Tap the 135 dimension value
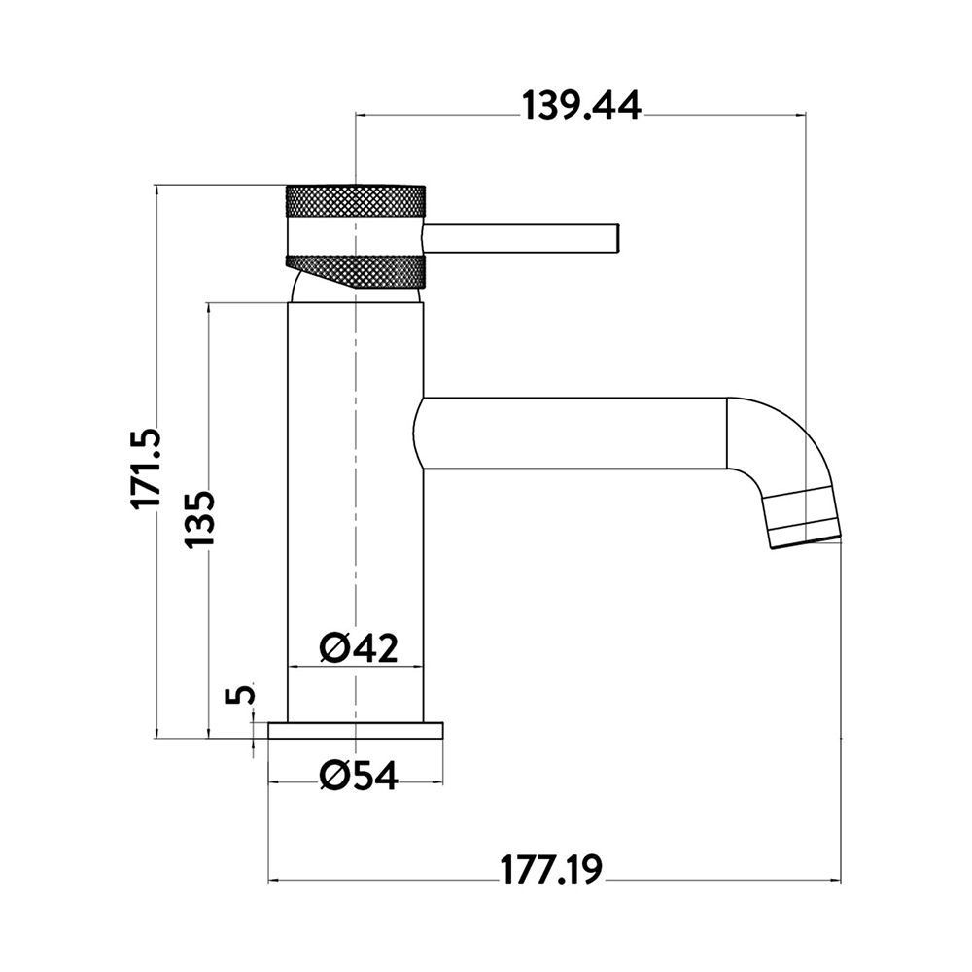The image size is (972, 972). point(199,519)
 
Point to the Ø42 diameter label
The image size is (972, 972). point(359,647)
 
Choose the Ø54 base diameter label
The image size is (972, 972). point(359,776)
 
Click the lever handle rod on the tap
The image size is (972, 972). point(521,238)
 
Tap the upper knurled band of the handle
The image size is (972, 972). point(356,201)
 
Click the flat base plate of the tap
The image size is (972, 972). point(356,730)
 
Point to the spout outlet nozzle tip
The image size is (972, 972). point(805,518)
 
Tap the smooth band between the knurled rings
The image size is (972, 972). point(356,235)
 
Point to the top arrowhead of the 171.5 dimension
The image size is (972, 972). point(156,191)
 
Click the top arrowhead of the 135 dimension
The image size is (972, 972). point(209,309)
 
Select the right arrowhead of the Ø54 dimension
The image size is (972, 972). point(437,782)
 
